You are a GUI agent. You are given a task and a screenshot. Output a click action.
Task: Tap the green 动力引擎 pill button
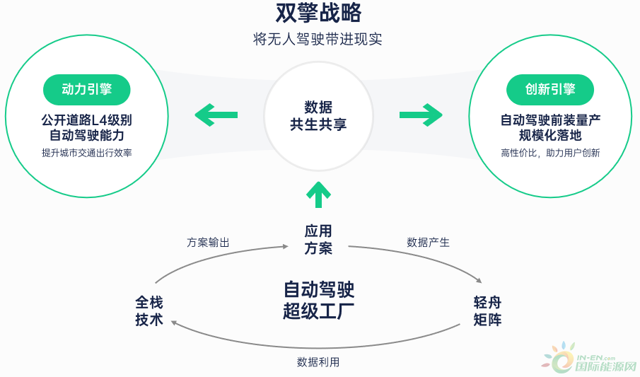click(87, 90)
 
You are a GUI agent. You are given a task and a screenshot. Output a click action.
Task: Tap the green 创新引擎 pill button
click(550, 90)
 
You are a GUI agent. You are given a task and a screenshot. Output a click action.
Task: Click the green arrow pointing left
click(216, 114)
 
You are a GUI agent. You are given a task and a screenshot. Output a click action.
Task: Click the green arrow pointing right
click(421, 114)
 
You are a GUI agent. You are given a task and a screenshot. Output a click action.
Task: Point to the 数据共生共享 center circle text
click(318, 116)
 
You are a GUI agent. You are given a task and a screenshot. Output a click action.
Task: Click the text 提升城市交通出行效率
click(87, 153)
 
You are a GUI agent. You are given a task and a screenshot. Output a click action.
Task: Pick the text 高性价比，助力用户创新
click(550, 153)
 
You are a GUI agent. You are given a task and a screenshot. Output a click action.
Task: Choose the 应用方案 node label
click(318, 240)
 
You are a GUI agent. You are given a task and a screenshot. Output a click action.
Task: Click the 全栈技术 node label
click(149, 311)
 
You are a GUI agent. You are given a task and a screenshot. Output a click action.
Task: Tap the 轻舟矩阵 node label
click(488, 311)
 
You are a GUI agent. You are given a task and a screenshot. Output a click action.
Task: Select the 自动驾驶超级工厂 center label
click(318, 301)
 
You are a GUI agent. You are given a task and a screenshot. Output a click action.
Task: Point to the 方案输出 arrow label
click(208, 242)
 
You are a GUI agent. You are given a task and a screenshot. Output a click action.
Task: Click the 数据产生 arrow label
click(428, 242)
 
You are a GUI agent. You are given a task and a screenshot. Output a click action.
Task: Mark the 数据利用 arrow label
click(318, 362)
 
